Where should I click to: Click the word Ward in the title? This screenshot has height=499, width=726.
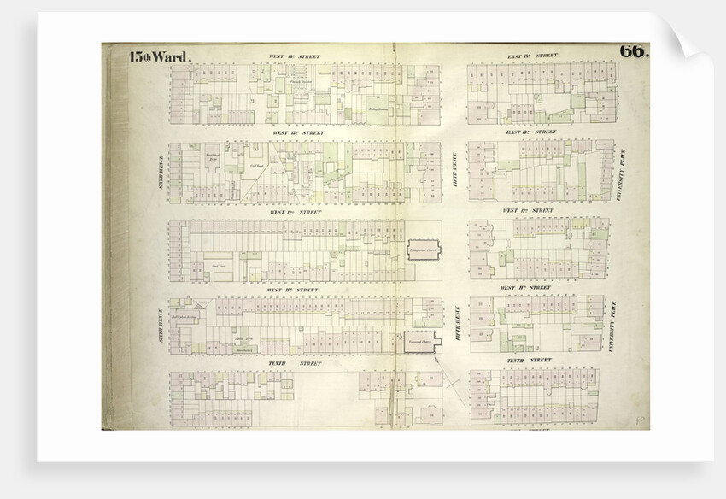pos(174,58)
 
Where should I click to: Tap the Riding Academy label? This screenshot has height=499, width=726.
pos(378,109)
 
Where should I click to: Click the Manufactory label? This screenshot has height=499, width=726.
pos(246,349)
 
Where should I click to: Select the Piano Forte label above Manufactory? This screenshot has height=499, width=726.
pos(245,340)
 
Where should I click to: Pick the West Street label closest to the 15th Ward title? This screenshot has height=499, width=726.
pos(295,56)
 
